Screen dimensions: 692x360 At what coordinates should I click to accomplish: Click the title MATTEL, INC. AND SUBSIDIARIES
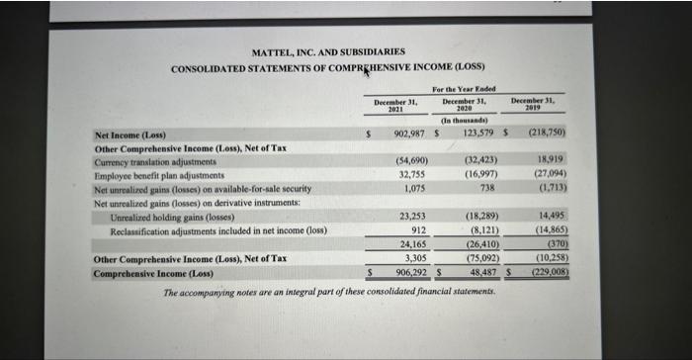(x=327, y=50)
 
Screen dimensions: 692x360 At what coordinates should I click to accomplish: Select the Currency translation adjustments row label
(x=155, y=160)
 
